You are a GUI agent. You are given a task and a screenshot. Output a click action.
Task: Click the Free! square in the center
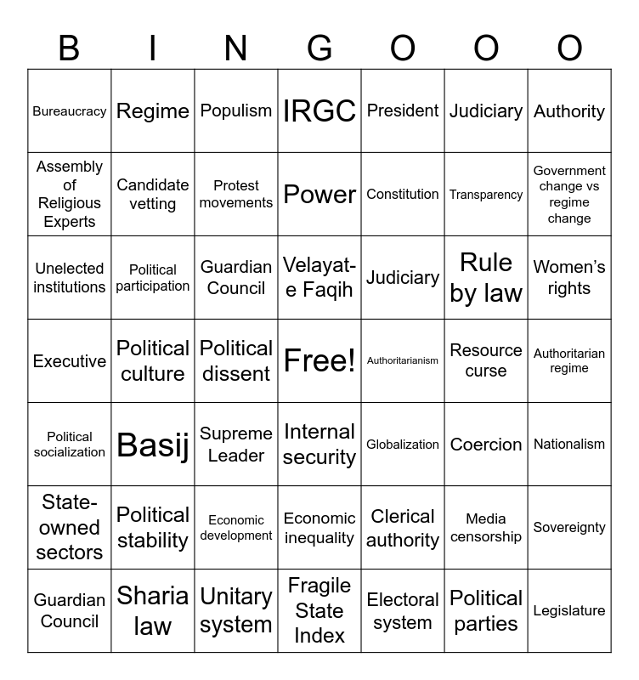pos(319,361)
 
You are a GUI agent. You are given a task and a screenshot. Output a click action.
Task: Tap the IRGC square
pos(319,111)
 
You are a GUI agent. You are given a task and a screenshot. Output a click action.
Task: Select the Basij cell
pos(153,445)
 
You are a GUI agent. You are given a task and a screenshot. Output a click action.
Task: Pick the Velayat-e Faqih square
pos(319,278)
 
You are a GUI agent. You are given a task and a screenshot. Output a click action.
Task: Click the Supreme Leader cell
pos(236,445)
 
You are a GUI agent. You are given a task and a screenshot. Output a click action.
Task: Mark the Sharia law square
pos(153,611)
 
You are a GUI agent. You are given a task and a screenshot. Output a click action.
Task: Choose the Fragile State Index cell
pos(319,611)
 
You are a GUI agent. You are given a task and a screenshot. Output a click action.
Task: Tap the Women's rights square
pos(569,278)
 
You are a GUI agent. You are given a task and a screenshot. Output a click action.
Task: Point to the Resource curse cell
pos(486,361)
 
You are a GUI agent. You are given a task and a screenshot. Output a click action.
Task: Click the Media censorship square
pos(486,528)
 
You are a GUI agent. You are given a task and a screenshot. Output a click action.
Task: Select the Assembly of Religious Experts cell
pos(70,195)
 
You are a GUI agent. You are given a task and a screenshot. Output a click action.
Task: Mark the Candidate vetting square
pos(153,195)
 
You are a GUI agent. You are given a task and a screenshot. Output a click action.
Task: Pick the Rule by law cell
pos(486,278)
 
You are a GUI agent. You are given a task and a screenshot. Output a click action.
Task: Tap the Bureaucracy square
pos(70,111)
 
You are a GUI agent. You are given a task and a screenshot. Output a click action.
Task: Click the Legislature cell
pos(569,611)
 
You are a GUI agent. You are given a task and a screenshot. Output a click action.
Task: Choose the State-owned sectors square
pos(70,528)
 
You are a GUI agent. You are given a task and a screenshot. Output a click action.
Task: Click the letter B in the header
pos(69,49)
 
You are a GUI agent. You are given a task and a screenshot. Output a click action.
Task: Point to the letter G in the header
pos(319,49)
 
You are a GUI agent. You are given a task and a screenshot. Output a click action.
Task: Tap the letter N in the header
pos(236,49)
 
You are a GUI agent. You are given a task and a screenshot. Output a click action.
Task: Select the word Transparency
pos(486,195)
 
